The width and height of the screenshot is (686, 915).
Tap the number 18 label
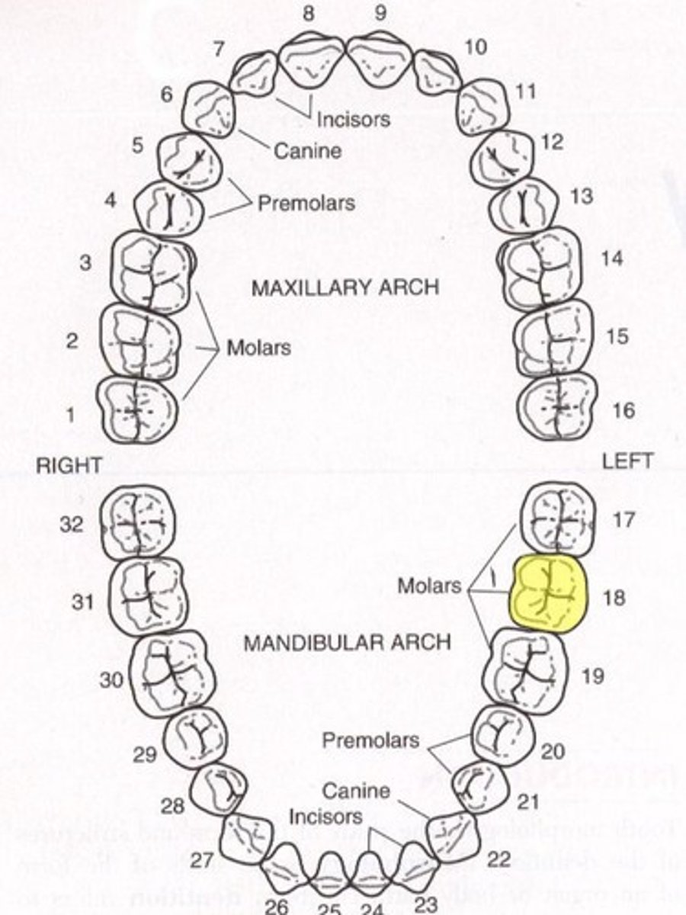(614, 596)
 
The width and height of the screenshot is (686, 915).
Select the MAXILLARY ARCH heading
(345, 287)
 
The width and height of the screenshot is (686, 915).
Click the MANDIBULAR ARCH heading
(347, 642)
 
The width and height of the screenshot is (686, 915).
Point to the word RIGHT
(69, 466)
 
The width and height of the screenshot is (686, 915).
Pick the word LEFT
(627, 461)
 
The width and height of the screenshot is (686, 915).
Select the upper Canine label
(307, 151)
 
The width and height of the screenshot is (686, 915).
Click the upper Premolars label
(306, 204)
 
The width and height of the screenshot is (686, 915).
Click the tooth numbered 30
(171, 673)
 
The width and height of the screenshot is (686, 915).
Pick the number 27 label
(201, 860)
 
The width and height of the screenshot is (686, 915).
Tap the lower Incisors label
(325, 817)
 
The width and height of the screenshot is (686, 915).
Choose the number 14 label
(612, 258)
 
